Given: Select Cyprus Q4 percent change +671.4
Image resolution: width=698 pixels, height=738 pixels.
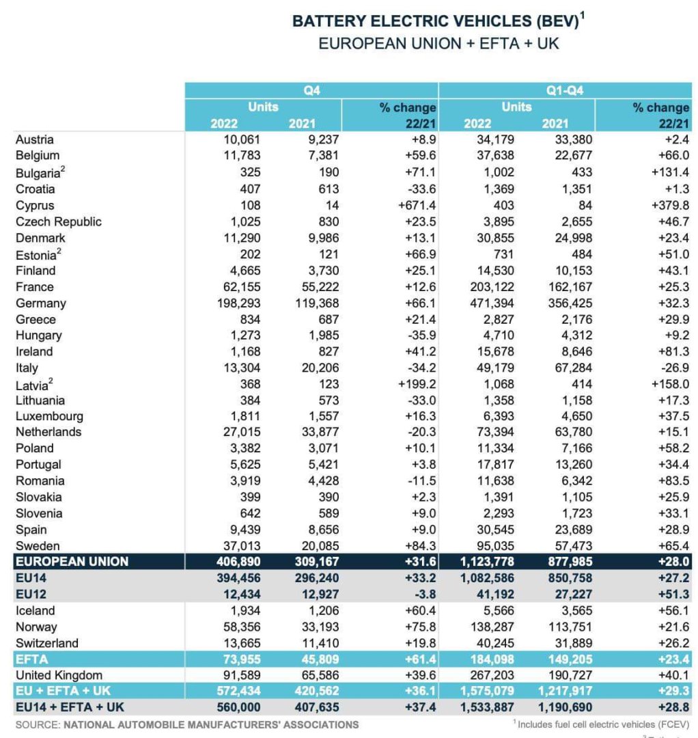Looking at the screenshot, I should (x=414, y=206).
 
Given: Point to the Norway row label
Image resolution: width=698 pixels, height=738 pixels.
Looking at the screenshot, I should (x=37, y=627).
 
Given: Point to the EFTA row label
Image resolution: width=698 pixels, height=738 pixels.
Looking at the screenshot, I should (x=30, y=659).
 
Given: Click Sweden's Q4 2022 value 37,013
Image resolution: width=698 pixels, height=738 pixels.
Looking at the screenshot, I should (x=239, y=546).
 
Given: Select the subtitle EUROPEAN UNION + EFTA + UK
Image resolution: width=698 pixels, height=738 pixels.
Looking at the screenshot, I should (x=439, y=44).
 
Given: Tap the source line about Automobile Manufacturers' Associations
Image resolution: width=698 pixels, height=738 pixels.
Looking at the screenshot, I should (x=186, y=724).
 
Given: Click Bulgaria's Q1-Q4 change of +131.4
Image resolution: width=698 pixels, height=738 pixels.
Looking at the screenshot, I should (x=668, y=173).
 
